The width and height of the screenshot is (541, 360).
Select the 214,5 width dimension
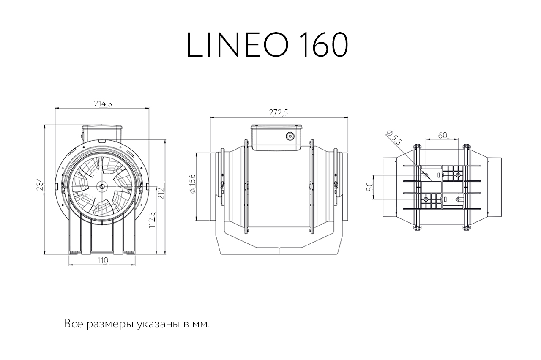pos(103,104)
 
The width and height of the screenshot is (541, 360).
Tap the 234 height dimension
pos(40,184)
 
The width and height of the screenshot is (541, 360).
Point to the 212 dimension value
pos(161,194)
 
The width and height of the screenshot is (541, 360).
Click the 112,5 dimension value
pos(152,220)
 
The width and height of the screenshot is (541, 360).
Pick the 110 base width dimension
pos(103,261)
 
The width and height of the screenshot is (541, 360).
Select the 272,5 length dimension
pos(279,112)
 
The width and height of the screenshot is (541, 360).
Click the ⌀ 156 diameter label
pos(192,183)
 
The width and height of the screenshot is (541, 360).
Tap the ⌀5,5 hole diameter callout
pos(393,138)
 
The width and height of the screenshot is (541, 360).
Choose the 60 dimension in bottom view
pos(443,136)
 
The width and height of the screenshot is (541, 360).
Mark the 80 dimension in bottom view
pos(370,187)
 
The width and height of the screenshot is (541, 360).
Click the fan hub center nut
pos(101,186)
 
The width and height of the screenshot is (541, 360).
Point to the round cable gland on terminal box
pos(290,136)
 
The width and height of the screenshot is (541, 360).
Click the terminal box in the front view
pos(101,133)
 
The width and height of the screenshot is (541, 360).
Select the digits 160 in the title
pos(324,45)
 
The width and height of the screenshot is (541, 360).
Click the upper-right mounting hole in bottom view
pos(458,175)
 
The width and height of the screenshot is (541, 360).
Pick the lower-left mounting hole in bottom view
pos(426,199)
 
